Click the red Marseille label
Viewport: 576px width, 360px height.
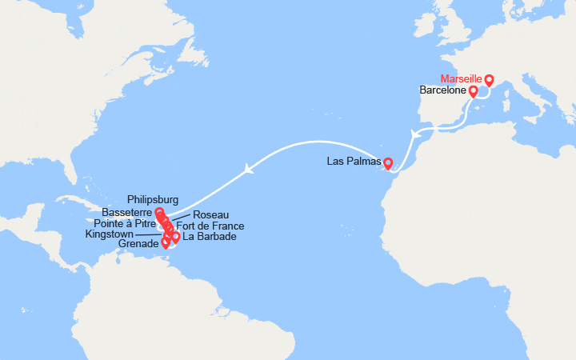tap(462, 78)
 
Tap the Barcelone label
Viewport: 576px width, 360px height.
tap(442, 90)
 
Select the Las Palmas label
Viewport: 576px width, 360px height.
tap(353, 162)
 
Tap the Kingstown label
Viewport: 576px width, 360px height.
tap(110, 234)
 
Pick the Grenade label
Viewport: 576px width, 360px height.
tap(138, 243)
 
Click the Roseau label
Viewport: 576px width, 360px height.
tap(211, 215)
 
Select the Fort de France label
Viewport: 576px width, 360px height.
tap(210, 226)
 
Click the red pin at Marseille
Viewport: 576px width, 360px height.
tap(489, 80)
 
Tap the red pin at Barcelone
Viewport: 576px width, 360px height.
tap(473, 92)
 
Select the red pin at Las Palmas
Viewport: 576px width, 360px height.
tap(388, 164)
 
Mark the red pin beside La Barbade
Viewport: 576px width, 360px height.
tap(176, 238)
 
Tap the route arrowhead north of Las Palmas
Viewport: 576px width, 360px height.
tap(414, 134)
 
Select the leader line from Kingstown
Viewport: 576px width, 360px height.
tap(150, 234)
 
